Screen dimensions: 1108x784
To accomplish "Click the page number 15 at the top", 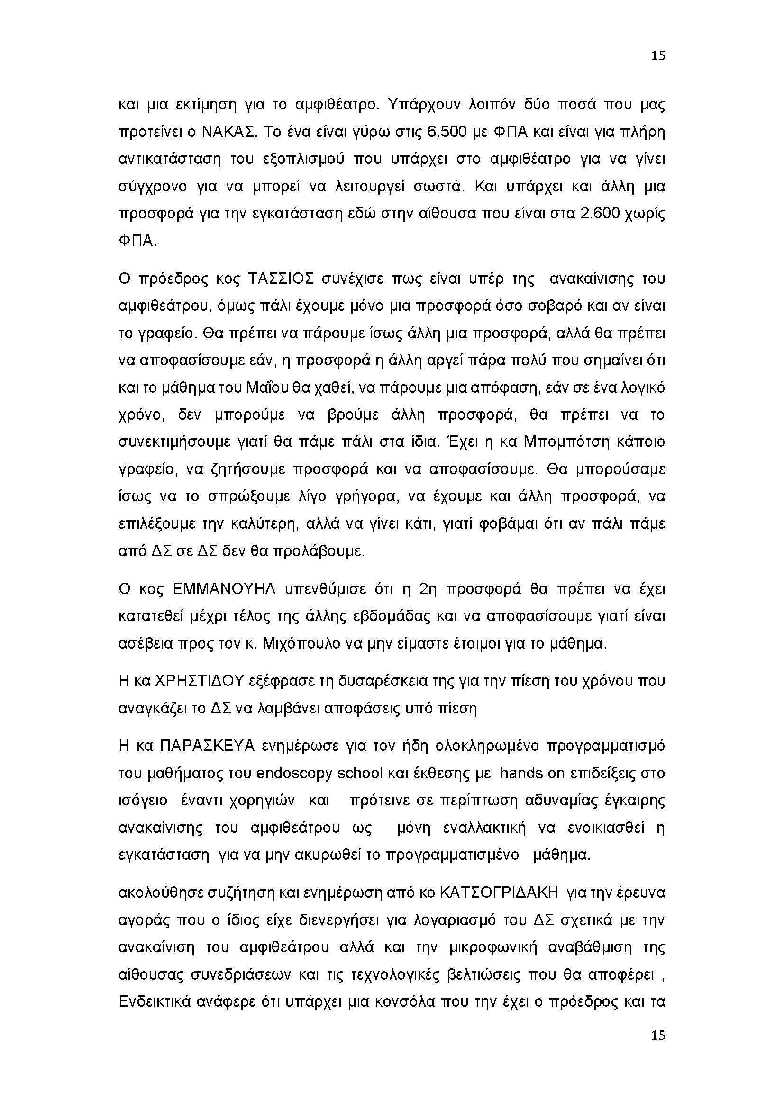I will (658, 56).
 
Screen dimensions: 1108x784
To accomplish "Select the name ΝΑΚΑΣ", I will (228, 132).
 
